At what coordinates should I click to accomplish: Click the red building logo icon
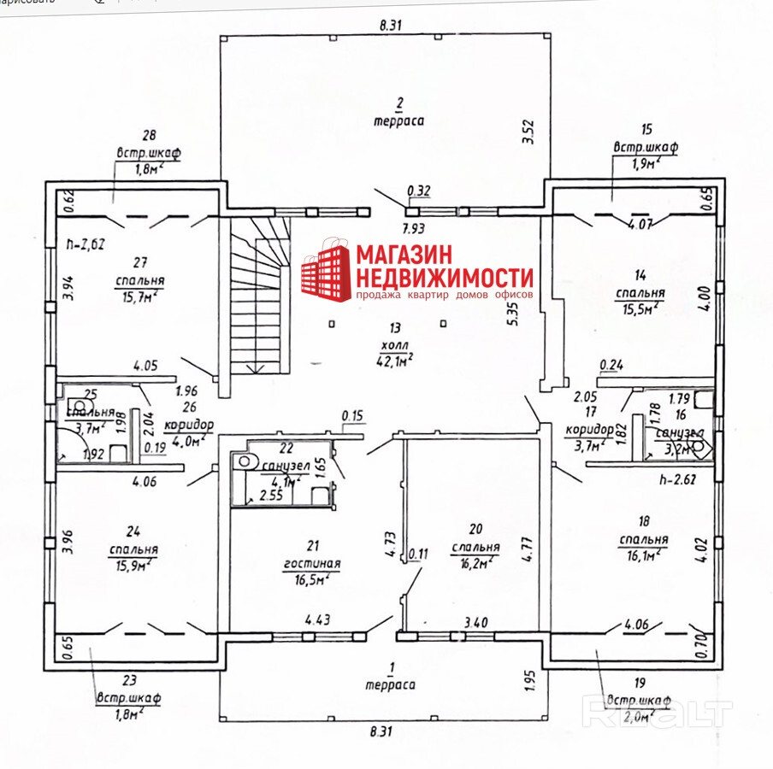325,273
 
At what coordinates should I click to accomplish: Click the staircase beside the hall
258,299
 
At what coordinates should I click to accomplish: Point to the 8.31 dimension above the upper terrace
389,26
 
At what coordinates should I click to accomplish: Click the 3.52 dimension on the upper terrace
528,133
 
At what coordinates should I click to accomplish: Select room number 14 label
640,275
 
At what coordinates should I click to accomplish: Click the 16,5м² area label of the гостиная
312,578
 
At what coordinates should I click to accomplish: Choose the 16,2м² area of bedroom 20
475,563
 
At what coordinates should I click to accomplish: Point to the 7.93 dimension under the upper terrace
416,229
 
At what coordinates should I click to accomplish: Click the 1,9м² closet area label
646,162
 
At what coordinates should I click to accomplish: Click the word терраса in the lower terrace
389,684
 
